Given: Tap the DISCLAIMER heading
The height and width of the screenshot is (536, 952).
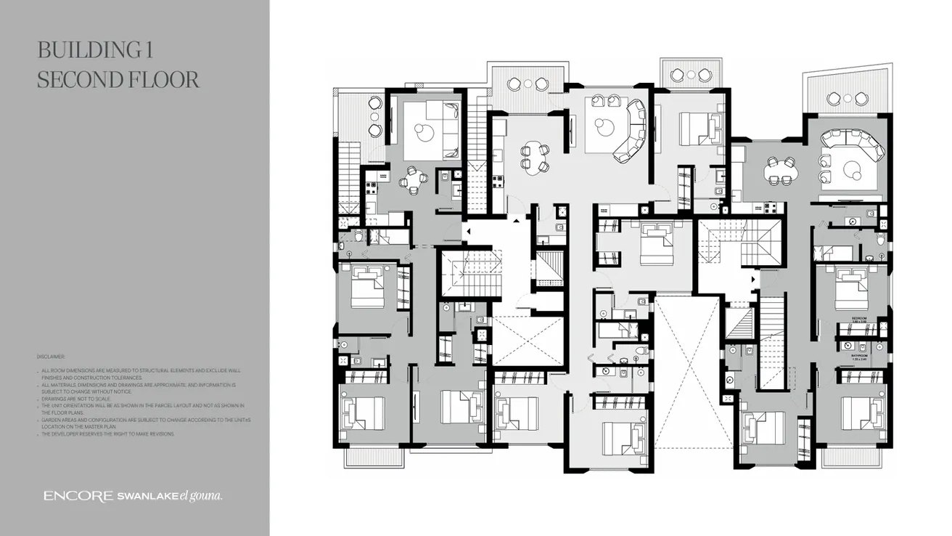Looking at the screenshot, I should pyautogui.click(x=51, y=357).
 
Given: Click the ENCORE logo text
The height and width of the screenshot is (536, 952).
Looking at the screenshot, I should pyautogui.click(x=78, y=497).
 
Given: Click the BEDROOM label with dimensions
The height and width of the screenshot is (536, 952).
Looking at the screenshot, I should pyautogui.click(x=859, y=318).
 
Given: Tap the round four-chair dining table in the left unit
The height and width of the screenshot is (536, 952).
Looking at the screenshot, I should pyautogui.click(x=413, y=180).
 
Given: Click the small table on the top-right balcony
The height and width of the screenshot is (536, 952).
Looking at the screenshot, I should pyautogui.click(x=847, y=98).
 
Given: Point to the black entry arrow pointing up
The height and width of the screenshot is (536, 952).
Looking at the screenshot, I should pyautogui.click(x=516, y=219).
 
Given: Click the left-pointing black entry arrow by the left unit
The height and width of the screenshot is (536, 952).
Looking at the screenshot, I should pyautogui.click(x=468, y=232).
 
